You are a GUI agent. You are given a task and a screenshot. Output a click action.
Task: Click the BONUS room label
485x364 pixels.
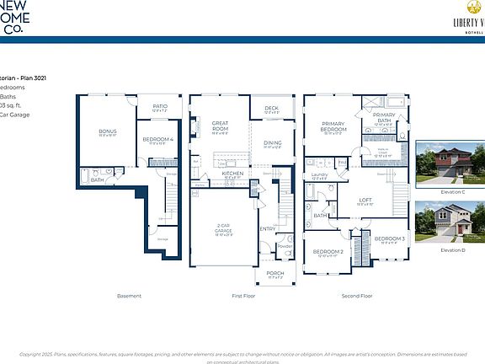[x=107, y=131]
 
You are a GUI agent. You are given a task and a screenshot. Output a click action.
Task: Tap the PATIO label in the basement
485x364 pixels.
[x=160, y=106]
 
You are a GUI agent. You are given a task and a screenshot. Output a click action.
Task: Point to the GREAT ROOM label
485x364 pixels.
[x=221, y=125]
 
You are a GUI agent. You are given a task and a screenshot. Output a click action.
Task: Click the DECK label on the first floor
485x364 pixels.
[x=270, y=108]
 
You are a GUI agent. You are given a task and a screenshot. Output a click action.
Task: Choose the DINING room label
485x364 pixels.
[x=272, y=143]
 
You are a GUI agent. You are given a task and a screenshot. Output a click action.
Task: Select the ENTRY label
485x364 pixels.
[x=268, y=228]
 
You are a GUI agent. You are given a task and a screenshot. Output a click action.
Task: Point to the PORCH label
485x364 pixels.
[x=275, y=273]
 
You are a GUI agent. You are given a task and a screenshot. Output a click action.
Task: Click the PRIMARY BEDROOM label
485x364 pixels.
[x=334, y=127]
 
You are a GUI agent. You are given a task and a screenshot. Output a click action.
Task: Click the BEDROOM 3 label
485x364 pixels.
[x=390, y=238]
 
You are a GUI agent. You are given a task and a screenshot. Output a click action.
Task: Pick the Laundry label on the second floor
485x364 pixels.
[x=319, y=174]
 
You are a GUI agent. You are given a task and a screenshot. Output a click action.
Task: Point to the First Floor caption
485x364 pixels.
[x=243, y=296]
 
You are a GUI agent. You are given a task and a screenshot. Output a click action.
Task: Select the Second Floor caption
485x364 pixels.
[x=357, y=296]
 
